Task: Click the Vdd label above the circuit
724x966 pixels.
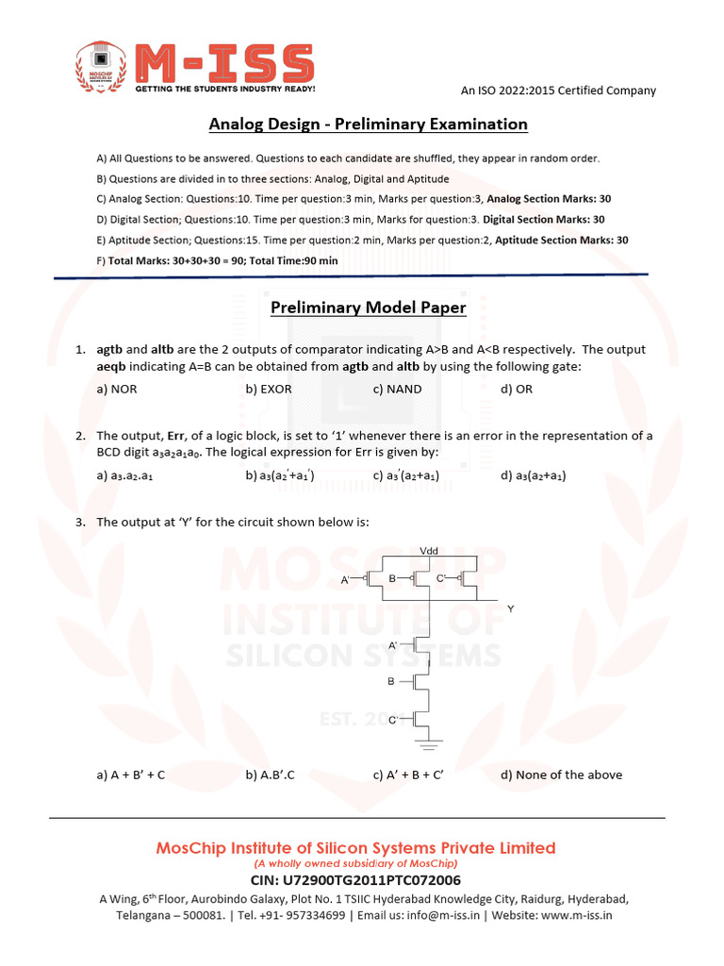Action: coord(428,550)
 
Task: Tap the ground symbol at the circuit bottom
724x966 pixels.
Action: coord(431,745)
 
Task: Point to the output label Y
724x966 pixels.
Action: coord(511,609)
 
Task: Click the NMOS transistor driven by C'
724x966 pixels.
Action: coord(424,719)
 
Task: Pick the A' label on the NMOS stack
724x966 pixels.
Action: coord(393,642)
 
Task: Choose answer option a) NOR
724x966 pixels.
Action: coord(118,389)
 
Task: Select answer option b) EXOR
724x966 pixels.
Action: coord(269,389)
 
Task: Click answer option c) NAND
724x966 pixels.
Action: coord(397,389)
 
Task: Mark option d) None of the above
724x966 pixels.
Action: coord(561,774)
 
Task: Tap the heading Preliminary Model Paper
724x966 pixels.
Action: coord(368,308)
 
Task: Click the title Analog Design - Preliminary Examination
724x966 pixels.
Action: coord(368,125)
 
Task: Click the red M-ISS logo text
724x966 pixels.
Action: coord(223,63)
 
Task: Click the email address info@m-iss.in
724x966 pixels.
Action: coord(452,915)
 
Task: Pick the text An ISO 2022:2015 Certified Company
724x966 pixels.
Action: coord(557,91)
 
